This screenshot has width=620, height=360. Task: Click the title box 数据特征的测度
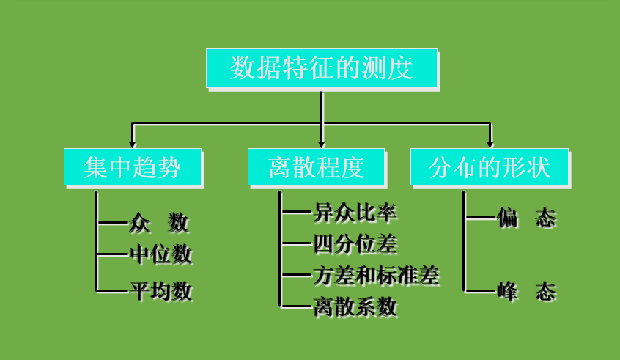(x=321, y=68)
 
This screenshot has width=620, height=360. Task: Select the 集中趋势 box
(x=133, y=166)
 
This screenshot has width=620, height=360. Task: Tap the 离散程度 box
(x=316, y=166)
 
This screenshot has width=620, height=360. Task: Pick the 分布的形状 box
(x=490, y=166)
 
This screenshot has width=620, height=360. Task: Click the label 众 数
(x=159, y=222)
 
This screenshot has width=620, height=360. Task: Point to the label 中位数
(x=160, y=254)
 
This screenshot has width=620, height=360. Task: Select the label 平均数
(x=160, y=291)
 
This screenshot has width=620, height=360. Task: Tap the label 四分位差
(x=355, y=243)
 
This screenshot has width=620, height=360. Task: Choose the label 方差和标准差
(x=376, y=275)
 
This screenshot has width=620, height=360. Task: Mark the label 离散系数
(x=355, y=306)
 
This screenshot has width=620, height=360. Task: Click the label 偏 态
(x=526, y=218)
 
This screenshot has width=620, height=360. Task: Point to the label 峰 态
(x=526, y=292)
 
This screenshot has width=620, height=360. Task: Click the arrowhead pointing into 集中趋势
(x=133, y=144)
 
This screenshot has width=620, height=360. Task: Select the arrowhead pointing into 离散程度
(x=322, y=144)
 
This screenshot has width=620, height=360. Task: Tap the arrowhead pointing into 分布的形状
(x=490, y=144)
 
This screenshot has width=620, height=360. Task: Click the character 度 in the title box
(x=402, y=68)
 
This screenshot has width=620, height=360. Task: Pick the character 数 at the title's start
(x=242, y=68)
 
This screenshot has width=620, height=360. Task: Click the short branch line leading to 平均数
(x=112, y=291)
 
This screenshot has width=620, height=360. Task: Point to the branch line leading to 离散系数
(x=296, y=306)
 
